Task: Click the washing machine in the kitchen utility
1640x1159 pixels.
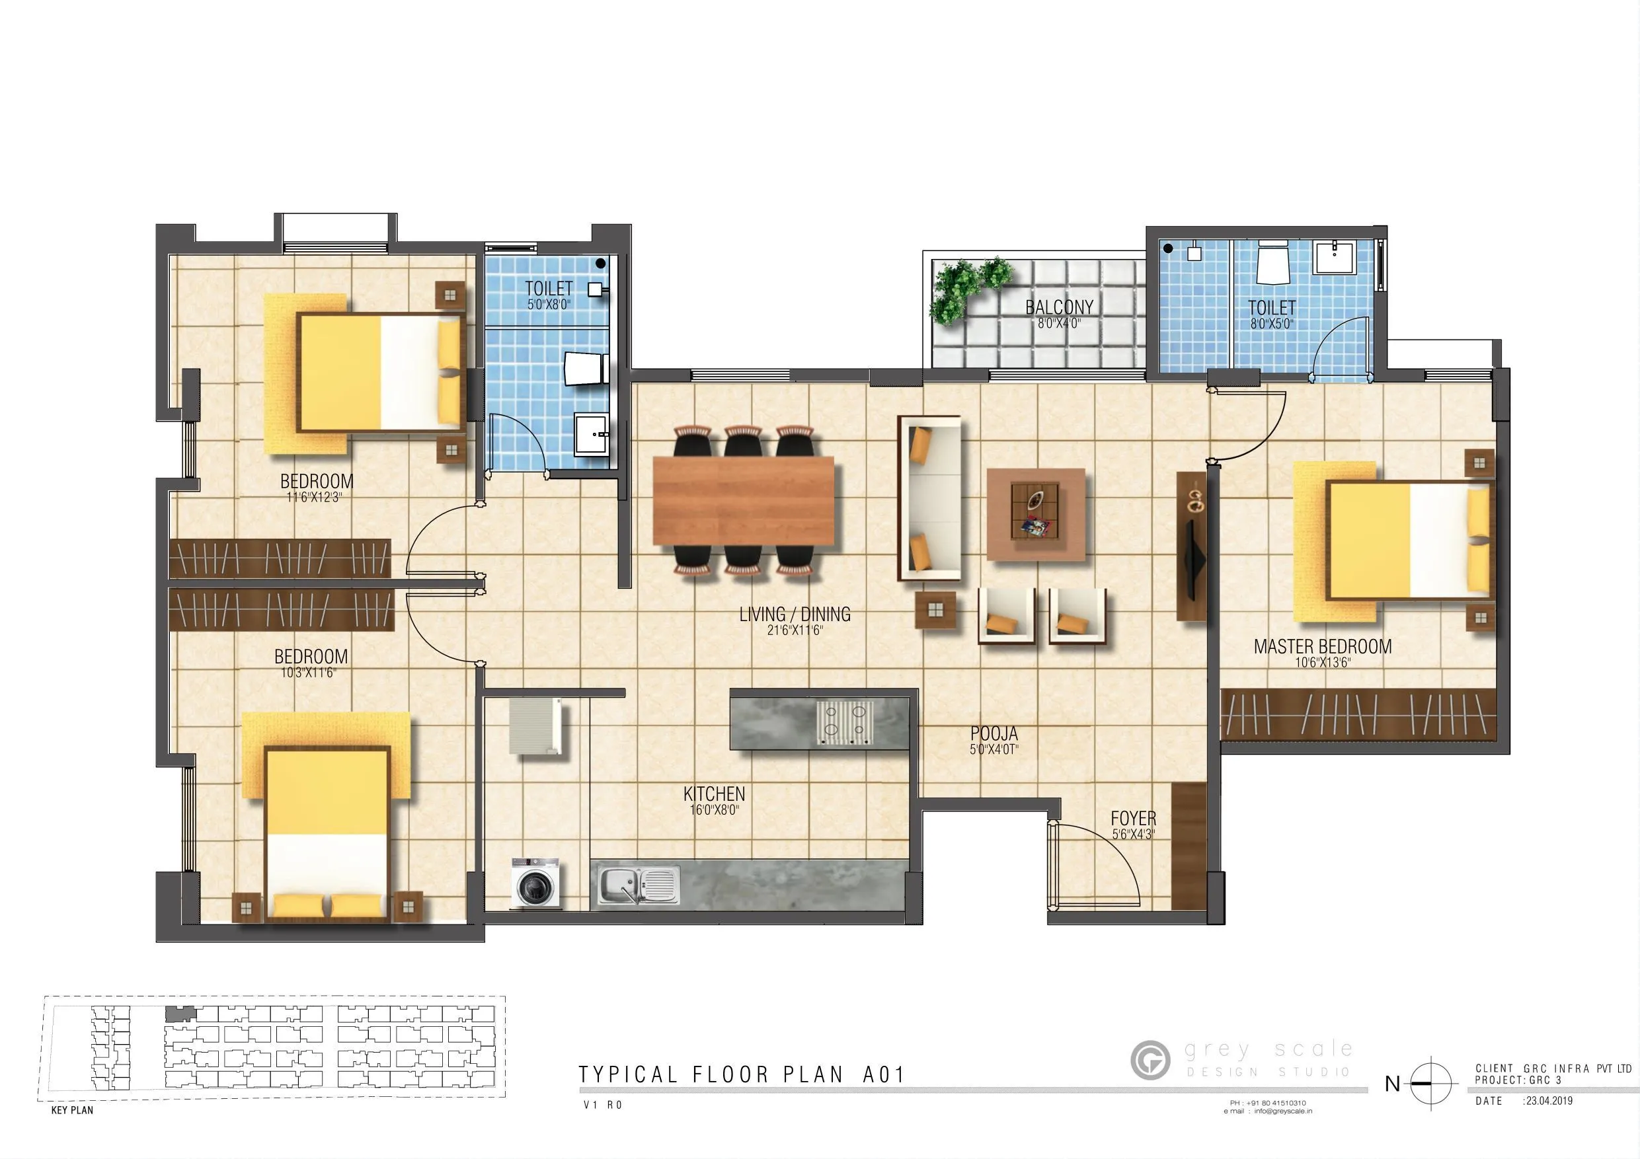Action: tap(535, 883)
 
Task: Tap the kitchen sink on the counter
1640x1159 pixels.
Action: tap(638, 885)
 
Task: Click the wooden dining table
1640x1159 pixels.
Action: tap(744, 499)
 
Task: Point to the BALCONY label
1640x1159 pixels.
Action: tap(1058, 307)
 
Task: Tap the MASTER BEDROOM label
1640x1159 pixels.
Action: tap(1322, 646)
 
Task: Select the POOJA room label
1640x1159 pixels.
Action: tap(994, 733)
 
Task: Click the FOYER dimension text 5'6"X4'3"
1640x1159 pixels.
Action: tap(1133, 833)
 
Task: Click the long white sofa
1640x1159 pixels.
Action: tap(929, 498)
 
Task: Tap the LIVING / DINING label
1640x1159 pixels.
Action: tap(795, 614)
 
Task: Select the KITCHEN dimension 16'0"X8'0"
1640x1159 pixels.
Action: tap(713, 810)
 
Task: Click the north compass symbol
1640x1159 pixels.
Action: tap(1430, 1083)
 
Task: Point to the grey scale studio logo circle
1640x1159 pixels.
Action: tap(1150, 1060)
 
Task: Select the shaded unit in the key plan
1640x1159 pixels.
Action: tap(179, 1014)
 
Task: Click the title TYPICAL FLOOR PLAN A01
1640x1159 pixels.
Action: tap(742, 1074)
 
